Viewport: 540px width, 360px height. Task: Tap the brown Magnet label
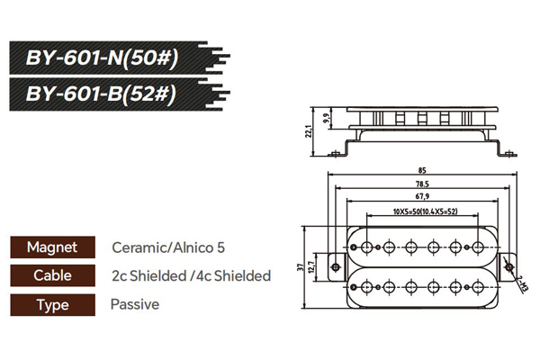point(52,247)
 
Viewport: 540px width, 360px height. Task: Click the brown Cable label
point(52,275)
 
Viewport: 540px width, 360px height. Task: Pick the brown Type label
point(52,304)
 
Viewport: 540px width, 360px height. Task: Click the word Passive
point(135,304)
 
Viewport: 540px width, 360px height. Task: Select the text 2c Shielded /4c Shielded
point(191,275)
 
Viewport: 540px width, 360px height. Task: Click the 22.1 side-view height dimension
point(308,131)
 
